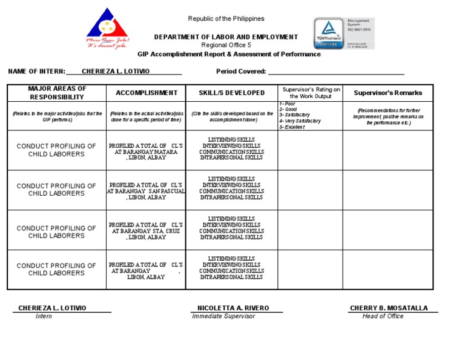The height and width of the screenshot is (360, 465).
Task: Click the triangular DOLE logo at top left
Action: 107,27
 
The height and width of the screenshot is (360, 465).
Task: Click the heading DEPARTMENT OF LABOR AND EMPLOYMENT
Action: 226,37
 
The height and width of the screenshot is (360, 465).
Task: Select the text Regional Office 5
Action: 226,45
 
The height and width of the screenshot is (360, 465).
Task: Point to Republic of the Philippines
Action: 226,19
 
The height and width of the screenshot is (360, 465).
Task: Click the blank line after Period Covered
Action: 335,72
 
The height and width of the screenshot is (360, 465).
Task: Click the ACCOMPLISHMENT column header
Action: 147,93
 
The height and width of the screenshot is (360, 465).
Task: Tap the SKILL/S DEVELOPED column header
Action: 232,93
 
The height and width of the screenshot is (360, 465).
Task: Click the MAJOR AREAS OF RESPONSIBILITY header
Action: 58,93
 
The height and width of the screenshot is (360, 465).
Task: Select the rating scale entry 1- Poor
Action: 288,104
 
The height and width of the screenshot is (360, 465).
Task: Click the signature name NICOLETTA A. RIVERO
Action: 233,308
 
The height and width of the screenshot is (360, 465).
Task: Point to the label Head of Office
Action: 383,316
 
